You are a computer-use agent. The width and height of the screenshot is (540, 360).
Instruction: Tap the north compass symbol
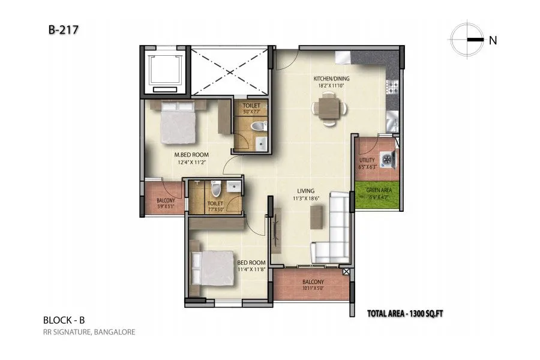[x=469, y=40]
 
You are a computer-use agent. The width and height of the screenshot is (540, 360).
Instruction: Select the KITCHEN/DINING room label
[x=332, y=79]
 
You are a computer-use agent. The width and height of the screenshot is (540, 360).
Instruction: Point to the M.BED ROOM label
[x=187, y=154]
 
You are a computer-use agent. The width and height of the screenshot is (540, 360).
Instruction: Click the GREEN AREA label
[x=376, y=190]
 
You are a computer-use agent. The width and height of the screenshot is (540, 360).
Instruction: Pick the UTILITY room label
[x=367, y=160]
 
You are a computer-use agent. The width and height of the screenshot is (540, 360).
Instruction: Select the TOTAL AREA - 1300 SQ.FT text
[x=408, y=313]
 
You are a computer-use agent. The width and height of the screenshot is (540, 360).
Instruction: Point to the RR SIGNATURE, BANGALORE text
[x=89, y=332]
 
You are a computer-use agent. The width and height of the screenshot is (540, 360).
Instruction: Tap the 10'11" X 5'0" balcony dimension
[x=313, y=289]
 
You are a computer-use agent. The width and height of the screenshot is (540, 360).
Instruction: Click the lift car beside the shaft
[x=165, y=71]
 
